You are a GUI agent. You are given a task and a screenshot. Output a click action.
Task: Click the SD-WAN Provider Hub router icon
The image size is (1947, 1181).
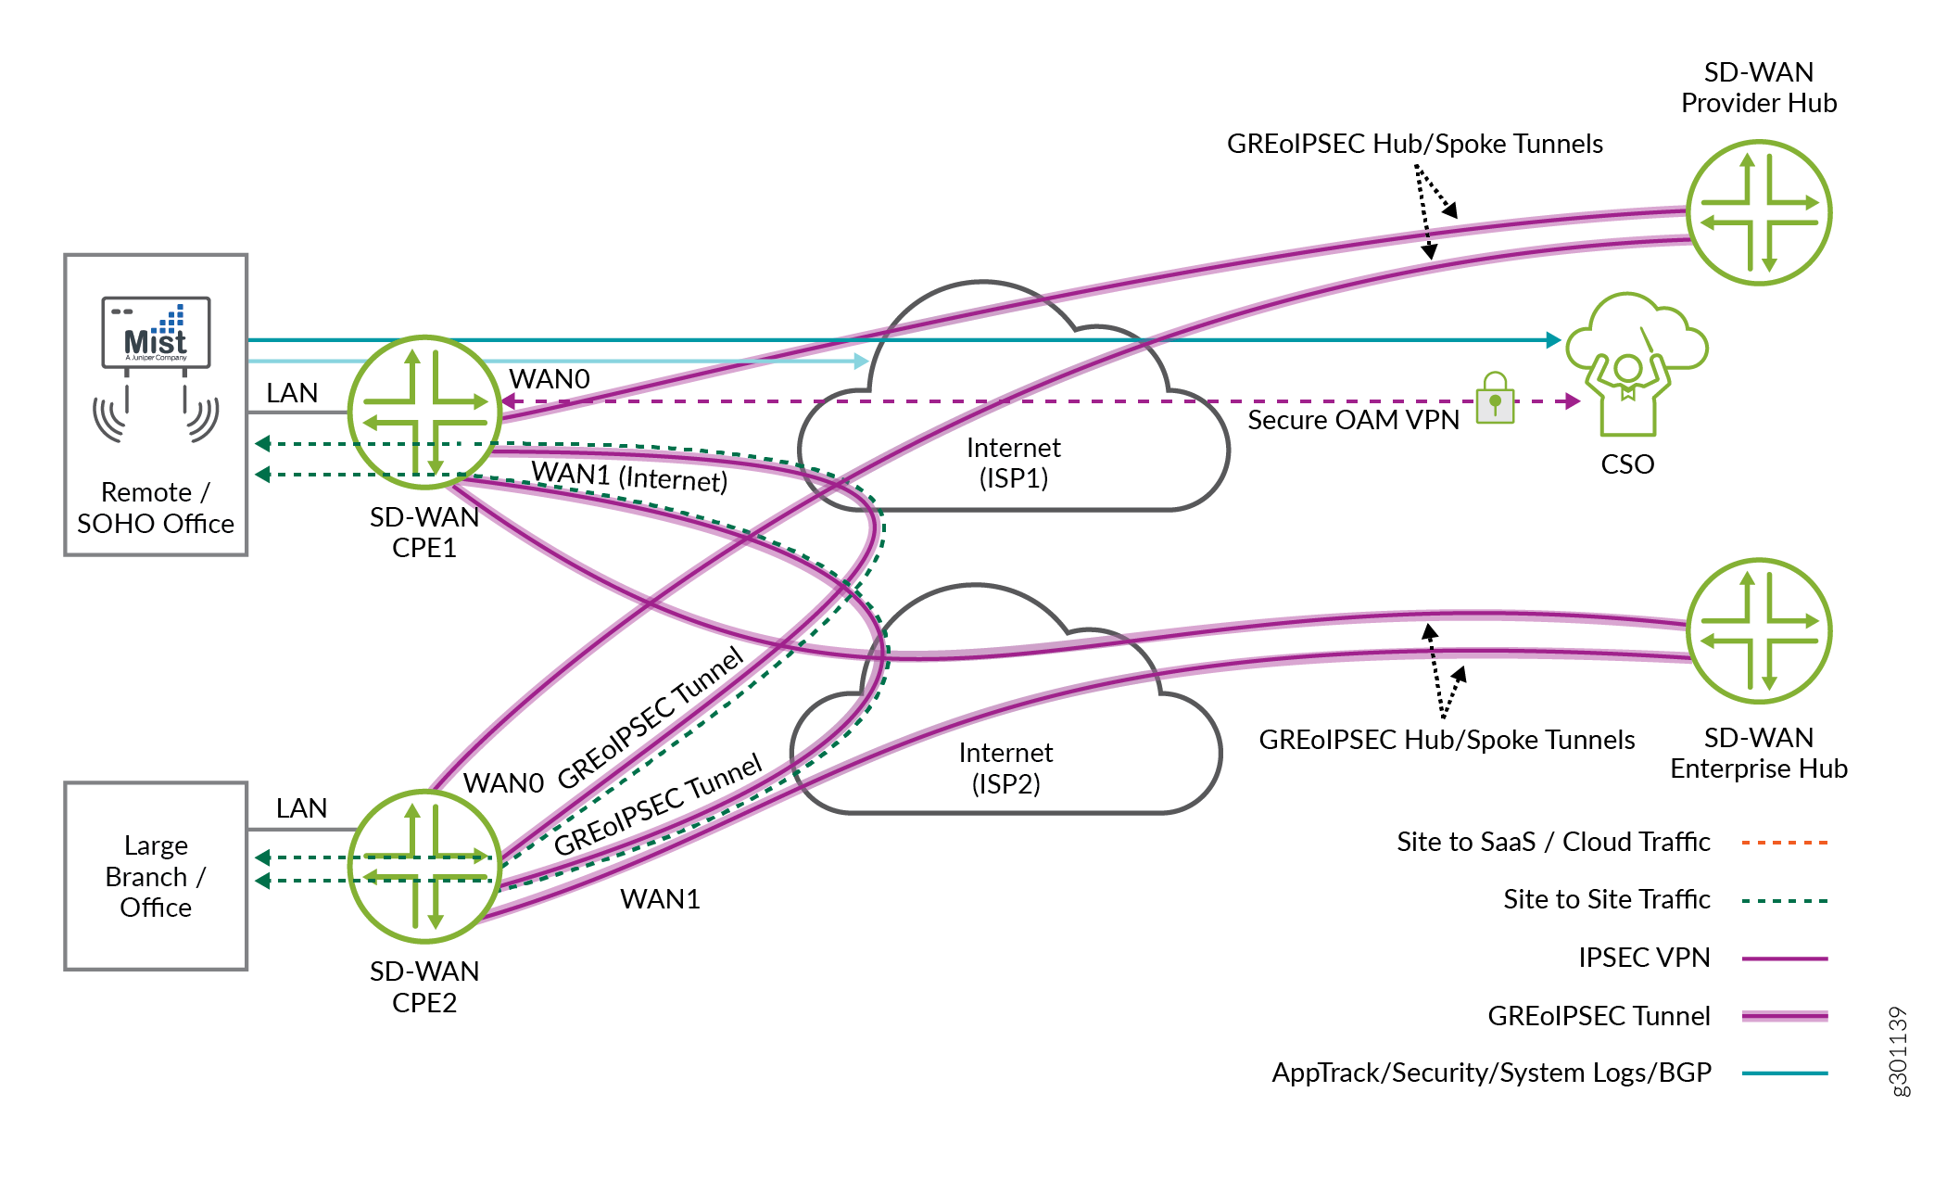(1758, 212)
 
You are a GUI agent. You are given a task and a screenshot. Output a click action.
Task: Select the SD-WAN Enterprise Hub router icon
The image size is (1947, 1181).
(1758, 630)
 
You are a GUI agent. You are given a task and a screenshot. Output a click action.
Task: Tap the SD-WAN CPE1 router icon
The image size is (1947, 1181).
(424, 413)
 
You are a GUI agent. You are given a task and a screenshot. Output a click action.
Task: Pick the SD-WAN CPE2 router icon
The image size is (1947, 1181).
(424, 866)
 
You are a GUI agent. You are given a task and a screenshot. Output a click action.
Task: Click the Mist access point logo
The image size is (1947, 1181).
(156, 332)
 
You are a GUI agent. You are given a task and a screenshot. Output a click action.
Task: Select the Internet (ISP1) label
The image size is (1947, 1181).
(1013, 463)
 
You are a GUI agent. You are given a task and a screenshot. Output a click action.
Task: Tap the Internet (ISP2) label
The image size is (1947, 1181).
(1005, 768)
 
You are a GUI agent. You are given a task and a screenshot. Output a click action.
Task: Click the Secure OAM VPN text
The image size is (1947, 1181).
(1352, 420)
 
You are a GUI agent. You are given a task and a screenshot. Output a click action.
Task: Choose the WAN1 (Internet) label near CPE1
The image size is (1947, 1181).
(629, 476)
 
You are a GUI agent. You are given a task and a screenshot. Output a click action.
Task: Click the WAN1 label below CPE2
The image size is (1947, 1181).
(660, 899)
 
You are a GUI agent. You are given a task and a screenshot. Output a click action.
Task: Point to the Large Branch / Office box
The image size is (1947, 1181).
(156, 876)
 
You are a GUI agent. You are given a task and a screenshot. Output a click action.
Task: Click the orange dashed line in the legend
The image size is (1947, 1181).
(1784, 843)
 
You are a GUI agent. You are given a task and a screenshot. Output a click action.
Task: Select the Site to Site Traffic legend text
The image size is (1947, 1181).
(1606, 899)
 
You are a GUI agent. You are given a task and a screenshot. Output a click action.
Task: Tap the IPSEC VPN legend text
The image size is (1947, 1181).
(1643, 958)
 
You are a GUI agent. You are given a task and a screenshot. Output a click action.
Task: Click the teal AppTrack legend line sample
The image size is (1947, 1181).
(1784, 1073)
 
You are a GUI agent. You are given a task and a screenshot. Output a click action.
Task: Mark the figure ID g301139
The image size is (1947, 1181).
(1898, 1051)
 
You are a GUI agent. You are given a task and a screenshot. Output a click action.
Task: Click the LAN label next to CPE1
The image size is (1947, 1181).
(292, 393)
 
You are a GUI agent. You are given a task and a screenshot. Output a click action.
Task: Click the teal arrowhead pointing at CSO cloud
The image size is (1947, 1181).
(1554, 340)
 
